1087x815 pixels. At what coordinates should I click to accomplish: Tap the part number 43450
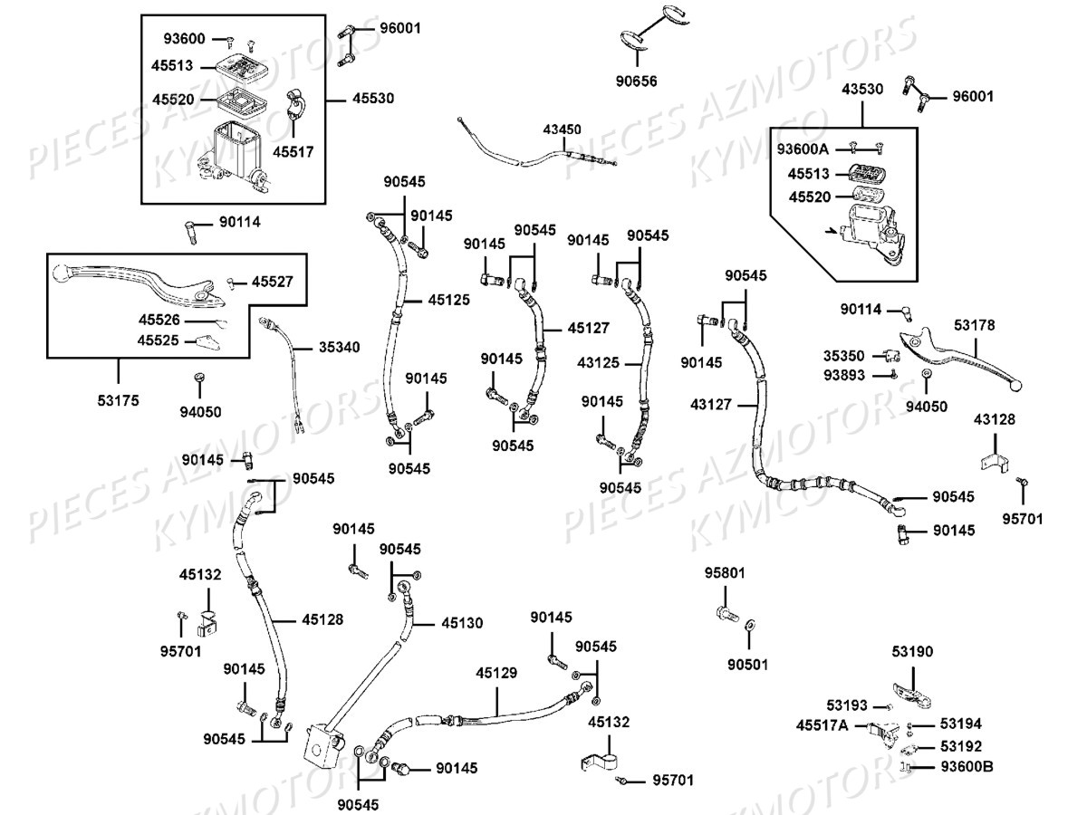[562, 129]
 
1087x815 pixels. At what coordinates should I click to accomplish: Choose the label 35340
[339, 347]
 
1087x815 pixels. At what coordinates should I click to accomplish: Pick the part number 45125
[449, 299]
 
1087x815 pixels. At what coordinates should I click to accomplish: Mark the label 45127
[589, 328]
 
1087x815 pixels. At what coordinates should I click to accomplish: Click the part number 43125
[599, 362]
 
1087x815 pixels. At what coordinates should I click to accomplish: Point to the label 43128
[995, 419]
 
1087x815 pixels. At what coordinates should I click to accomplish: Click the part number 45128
[322, 620]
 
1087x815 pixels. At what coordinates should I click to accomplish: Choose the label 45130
[462, 623]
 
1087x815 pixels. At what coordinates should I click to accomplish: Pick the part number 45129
[496, 673]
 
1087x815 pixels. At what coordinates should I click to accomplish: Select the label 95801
[725, 572]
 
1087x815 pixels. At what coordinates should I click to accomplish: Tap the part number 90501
[747, 664]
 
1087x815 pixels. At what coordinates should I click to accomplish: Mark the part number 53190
[911, 652]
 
